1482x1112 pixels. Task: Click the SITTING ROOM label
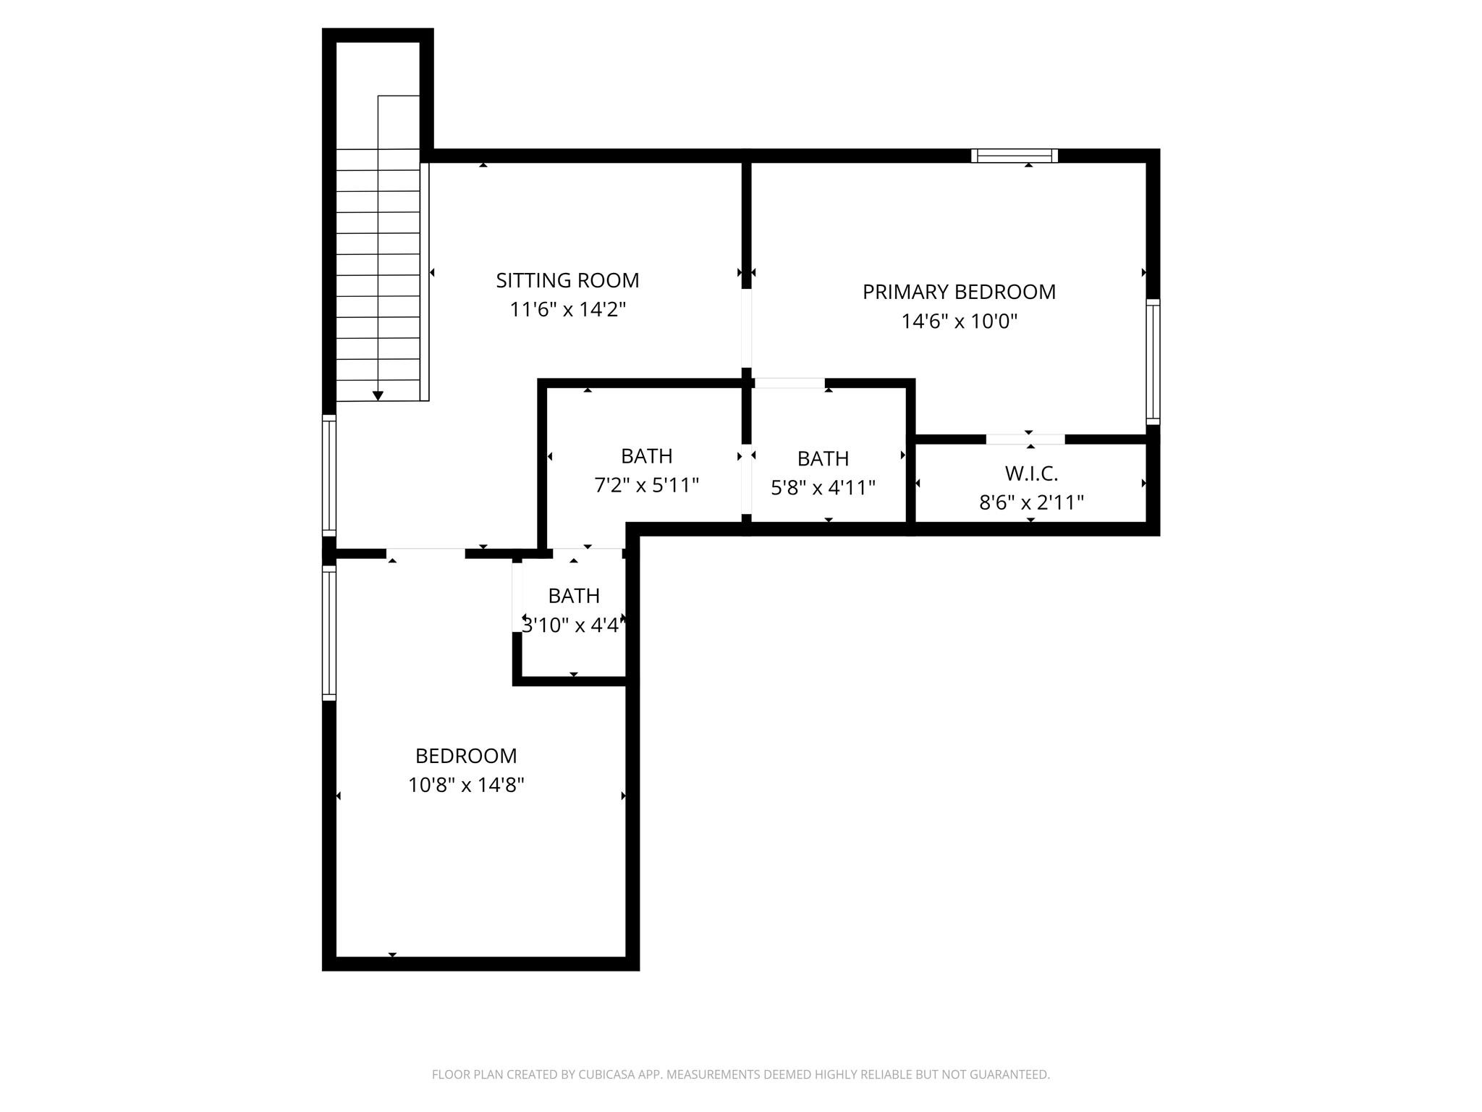click(x=567, y=280)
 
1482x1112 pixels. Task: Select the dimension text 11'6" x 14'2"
click(x=567, y=310)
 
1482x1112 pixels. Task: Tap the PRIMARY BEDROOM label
click(x=959, y=292)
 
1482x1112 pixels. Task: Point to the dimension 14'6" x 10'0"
click(x=959, y=321)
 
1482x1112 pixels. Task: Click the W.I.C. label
click(x=1031, y=473)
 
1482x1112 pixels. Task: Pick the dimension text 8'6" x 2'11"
click(x=1031, y=502)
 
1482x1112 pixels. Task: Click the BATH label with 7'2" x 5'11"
click(x=646, y=456)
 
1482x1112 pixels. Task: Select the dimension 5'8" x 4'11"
click(x=823, y=488)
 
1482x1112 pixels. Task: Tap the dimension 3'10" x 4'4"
click(x=572, y=625)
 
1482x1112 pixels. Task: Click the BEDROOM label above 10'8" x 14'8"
click(x=466, y=756)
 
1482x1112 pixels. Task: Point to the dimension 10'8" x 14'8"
click(x=466, y=785)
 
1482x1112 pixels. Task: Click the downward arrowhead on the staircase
click(x=378, y=395)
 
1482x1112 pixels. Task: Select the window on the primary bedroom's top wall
click(x=1014, y=156)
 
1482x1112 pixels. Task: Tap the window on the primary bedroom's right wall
click(x=1153, y=361)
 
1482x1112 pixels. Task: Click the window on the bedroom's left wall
click(x=329, y=633)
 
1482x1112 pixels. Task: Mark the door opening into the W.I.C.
click(x=1025, y=439)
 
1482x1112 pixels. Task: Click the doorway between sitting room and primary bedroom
click(x=747, y=329)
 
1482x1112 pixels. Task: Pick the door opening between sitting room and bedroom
click(x=425, y=554)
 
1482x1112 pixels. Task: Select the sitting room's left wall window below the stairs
click(x=329, y=476)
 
